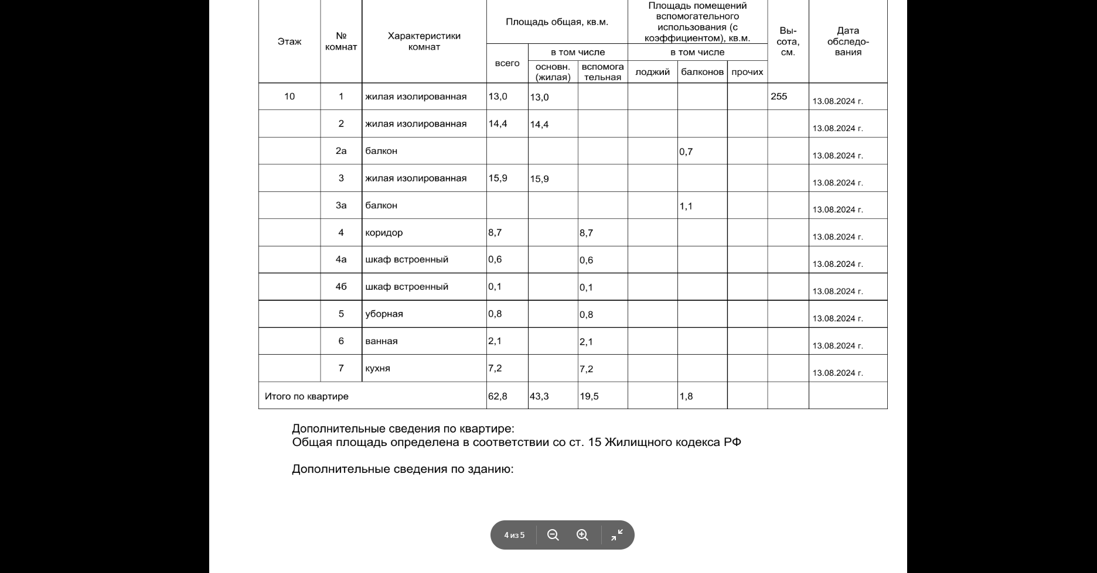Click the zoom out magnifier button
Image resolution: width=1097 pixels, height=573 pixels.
pyautogui.click(x=553, y=535)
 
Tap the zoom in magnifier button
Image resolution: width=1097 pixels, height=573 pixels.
pyautogui.click(x=582, y=535)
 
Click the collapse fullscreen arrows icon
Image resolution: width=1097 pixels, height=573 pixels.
pyautogui.click(x=617, y=535)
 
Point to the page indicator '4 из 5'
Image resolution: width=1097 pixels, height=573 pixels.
pyautogui.click(x=514, y=536)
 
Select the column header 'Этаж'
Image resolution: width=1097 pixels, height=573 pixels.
pyautogui.click(x=289, y=42)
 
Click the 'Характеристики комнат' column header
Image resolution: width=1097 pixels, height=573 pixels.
pyautogui.click(x=424, y=41)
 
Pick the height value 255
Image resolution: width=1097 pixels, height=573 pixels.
pyautogui.click(x=779, y=97)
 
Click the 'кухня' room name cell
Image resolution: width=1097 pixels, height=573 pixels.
pyautogui.click(x=377, y=369)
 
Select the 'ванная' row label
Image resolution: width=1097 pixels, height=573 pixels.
pyautogui.click(x=381, y=341)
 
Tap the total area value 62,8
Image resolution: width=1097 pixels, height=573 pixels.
pyautogui.click(x=498, y=396)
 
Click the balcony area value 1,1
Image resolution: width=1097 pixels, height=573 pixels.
pyautogui.click(x=686, y=206)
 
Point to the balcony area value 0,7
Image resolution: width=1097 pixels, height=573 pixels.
pyautogui.click(x=686, y=152)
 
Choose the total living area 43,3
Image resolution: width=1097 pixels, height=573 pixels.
pyautogui.click(x=539, y=396)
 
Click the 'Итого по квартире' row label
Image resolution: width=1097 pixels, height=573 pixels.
pyautogui.click(x=306, y=396)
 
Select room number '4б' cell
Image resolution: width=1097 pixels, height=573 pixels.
pyautogui.click(x=341, y=287)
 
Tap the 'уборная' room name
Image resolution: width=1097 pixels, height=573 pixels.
pyautogui.click(x=384, y=314)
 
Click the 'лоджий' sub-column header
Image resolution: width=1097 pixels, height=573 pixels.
pyautogui.click(x=652, y=72)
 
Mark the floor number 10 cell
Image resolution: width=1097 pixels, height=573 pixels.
pyautogui.click(x=289, y=97)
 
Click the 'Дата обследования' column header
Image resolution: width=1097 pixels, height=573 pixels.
pyautogui.click(x=848, y=41)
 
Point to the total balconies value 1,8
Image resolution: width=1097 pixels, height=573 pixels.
pyautogui.click(x=686, y=396)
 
